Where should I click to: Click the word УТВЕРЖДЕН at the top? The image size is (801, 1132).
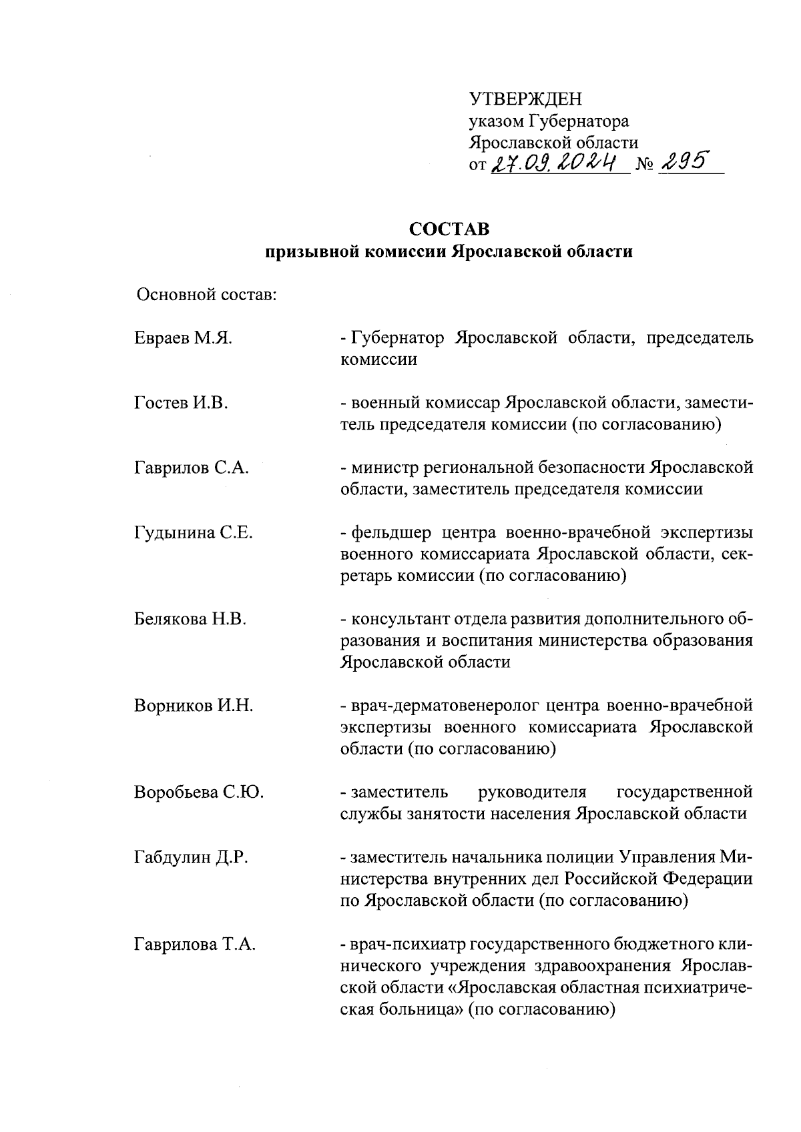[x=525, y=100]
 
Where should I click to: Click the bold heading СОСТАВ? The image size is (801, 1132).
[x=449, y=229]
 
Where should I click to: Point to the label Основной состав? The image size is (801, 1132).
[x=206, y=294]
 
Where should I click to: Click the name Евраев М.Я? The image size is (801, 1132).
[x=183, y=338]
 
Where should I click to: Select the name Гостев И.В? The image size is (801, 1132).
[x=181, y=403]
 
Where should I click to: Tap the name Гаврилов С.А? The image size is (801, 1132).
[x=191, y=468]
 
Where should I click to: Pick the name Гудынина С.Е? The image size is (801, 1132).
[x=193, y=533]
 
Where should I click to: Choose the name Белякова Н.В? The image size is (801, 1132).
[x=190, y=620]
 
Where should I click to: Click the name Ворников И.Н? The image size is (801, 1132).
[x=193, y=706]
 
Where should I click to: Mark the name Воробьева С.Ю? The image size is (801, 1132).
[x=198, y=792]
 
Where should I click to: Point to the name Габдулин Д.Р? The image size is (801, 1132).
[x=191, y=857]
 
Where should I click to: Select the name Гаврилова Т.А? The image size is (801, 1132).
[x=195, y=945]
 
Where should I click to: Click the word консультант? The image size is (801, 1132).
[x=395, y=620]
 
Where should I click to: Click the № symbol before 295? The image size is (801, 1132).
[x=645, y=164]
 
